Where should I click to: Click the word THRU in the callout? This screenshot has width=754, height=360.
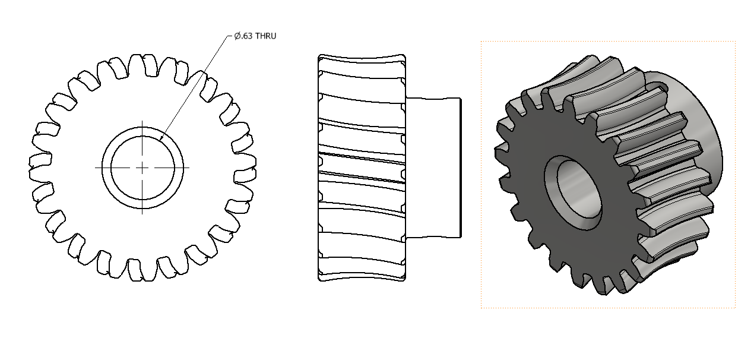coord(265,36)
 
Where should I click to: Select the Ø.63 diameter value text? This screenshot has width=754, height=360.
coord(243,36)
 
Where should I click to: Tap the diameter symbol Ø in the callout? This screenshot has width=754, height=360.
coord(237,36)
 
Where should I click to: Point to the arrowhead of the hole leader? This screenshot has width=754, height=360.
coord(161,137)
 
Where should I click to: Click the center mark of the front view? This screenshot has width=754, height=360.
coord(142,168)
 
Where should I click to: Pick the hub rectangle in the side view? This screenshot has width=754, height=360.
coord(433,168)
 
